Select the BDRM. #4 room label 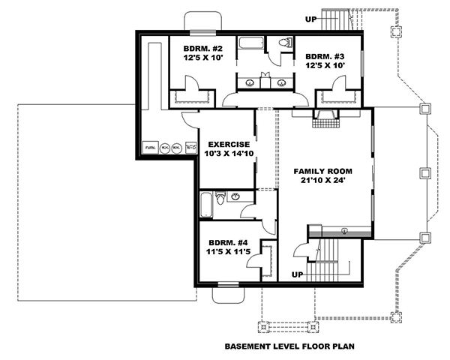pos(227,243)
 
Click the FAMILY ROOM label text pos(322,172)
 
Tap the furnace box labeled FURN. pos(151,148)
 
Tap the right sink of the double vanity pos(281,82)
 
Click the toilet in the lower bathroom pos(220,199)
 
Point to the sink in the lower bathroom pos(235,196)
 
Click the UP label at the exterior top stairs pos(310,19)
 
